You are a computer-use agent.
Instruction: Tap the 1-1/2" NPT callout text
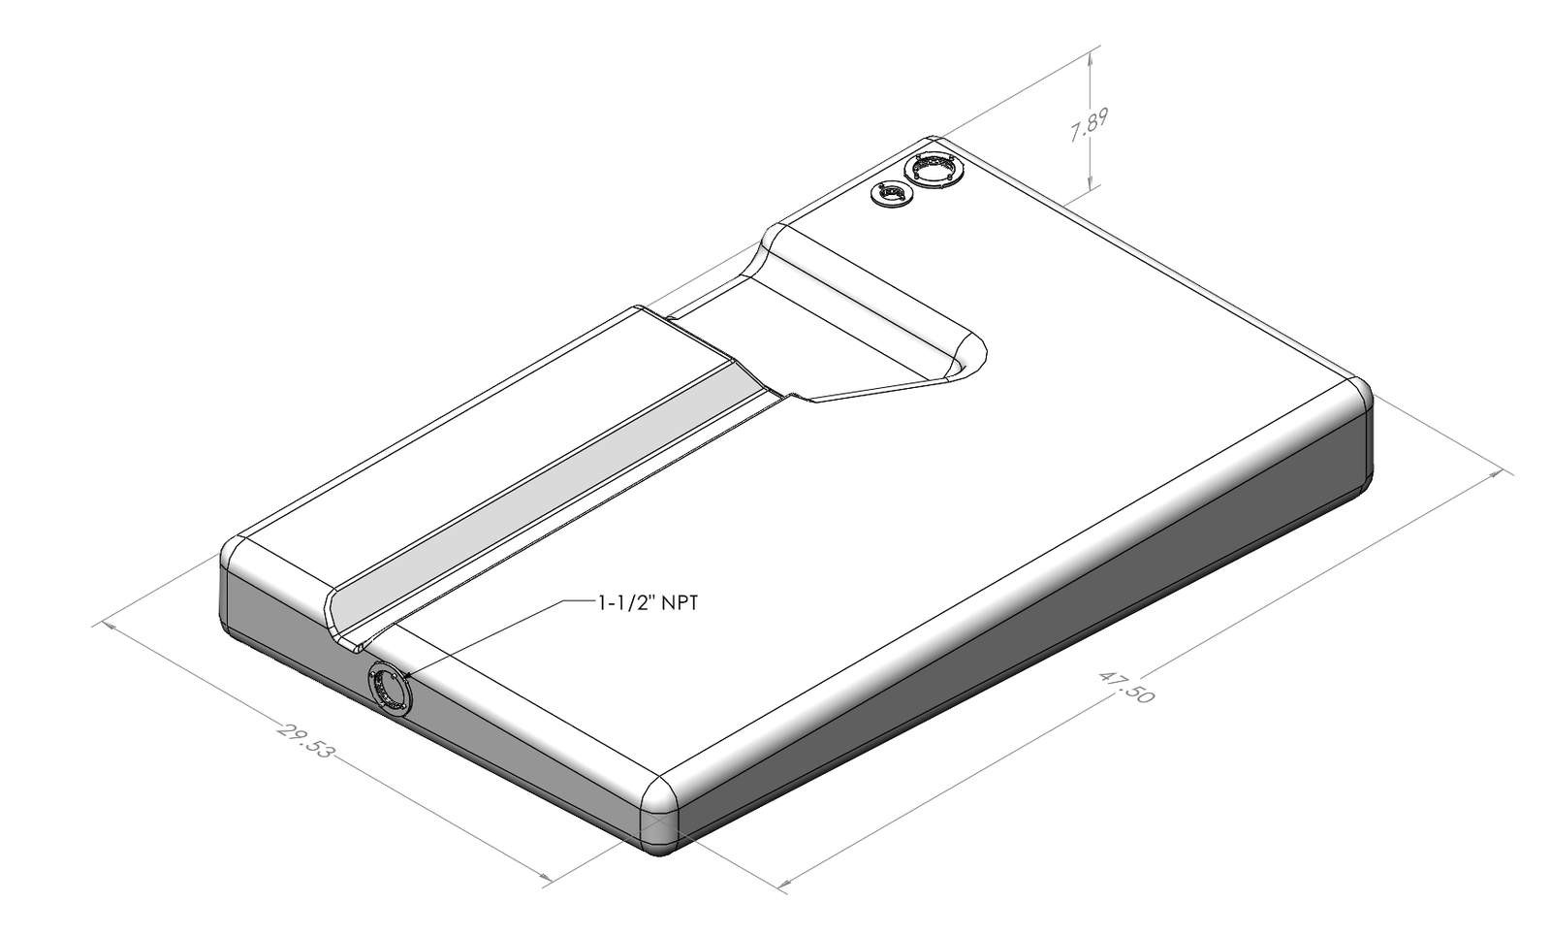click(x=647, y=603)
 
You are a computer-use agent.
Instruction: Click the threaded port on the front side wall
click(x=390, y=689)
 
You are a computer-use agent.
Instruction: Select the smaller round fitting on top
click(x=889, y=195)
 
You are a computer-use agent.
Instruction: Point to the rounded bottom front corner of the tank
click(x=662, y=804)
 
